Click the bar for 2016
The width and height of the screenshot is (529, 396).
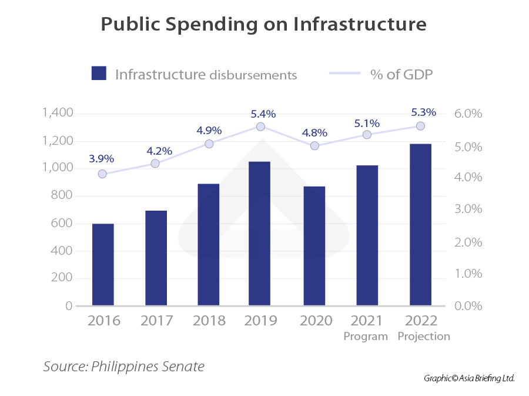click(103, 265)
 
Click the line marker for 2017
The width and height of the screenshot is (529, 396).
click(155, 164)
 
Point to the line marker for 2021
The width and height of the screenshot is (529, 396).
click(367, 135)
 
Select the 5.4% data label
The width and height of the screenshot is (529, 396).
click(263, 114)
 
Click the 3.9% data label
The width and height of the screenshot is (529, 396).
click(102, 159)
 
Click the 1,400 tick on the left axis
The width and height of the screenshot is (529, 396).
click(57, 113)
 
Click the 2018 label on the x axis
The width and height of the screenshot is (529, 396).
click(209, 321)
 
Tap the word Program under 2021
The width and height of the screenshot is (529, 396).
click(366, 337)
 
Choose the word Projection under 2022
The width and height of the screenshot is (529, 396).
click(424, 337)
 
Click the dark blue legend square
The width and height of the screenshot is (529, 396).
click(99, 74)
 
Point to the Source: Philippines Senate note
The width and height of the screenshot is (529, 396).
click(124, 367)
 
